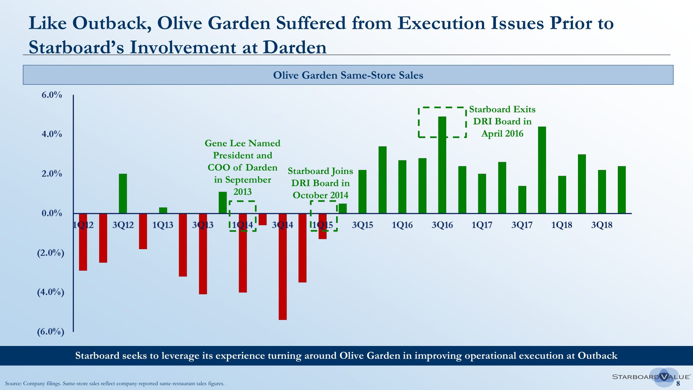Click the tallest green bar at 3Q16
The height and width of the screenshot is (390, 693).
[x=442, y=165]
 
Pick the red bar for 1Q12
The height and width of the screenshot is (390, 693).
[x=83, y=242]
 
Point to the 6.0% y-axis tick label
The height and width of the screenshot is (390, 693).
[x=52, y=95]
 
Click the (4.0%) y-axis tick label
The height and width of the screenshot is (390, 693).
[x=51, y=292]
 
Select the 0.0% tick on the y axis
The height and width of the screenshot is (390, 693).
[x=52, y=213]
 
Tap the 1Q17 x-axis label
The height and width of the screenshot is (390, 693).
[x=482, y=225]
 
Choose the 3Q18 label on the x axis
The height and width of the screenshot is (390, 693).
[x=602, y=225]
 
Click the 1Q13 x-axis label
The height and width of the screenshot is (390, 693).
[x=163, y=225]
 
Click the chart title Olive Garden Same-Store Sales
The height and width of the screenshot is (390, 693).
[x=348, y=75]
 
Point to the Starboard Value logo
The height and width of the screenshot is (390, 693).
[x=651, y=377]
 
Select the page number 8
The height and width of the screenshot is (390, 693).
[x=678, y=383]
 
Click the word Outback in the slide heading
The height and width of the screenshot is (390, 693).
[x=112, y=24]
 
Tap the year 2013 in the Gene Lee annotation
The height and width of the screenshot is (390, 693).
[x=243, y=192]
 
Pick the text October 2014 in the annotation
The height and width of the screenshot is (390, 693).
[x=321, y=195]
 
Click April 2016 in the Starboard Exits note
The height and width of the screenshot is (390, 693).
[x=502, y=133]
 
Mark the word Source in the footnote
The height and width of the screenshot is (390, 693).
[x=13, y=383]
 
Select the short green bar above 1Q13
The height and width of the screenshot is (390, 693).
[x=163, y=210]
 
